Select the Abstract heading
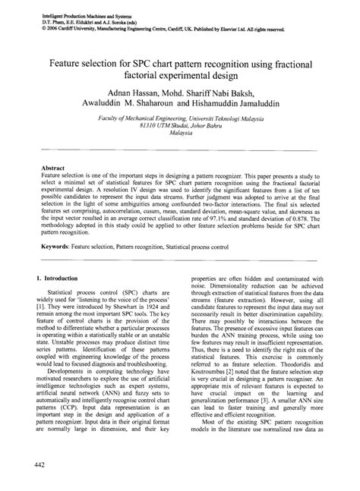tap(54, 165)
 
